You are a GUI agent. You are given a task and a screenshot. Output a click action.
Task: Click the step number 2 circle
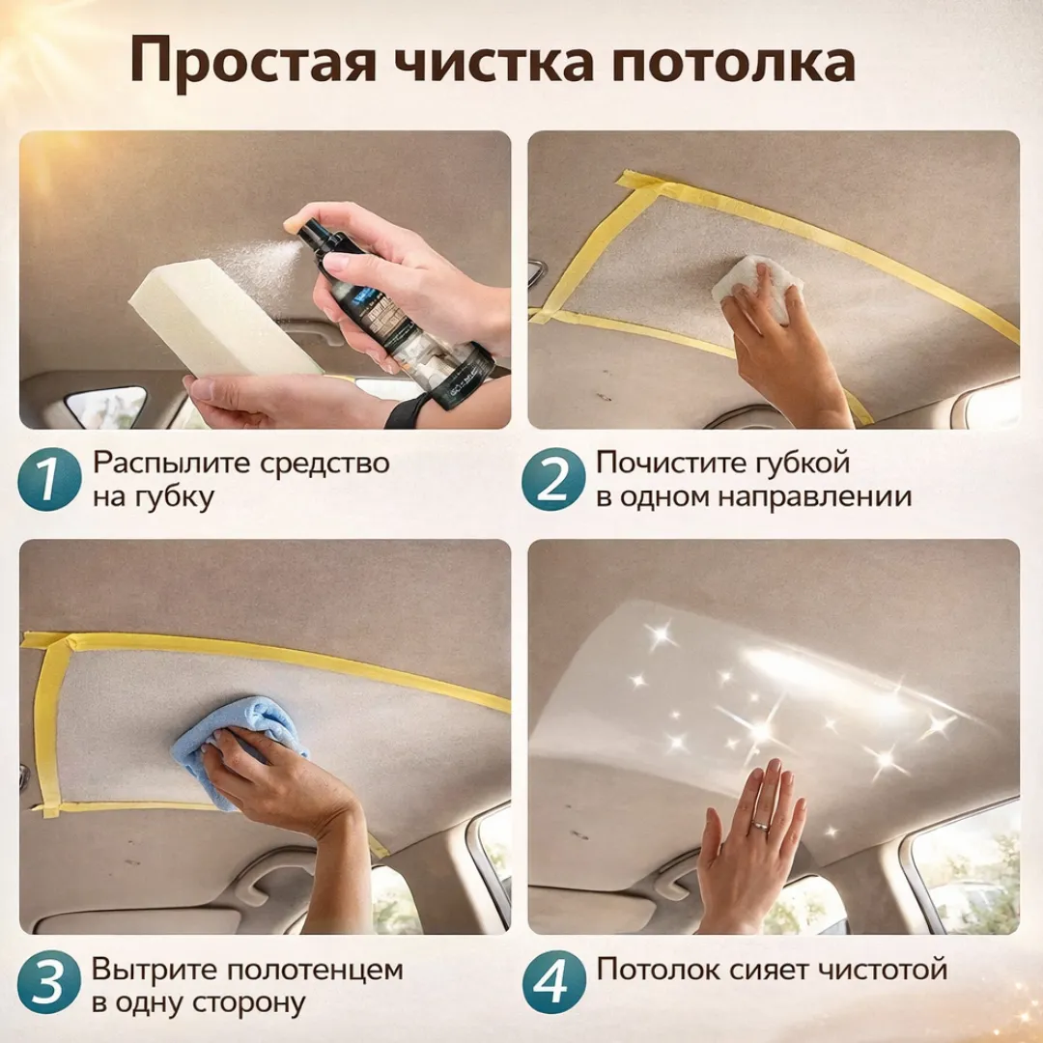pyautogui.click(x=553, y=479)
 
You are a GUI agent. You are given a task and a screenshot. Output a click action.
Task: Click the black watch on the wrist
pyautogui.click(x=401, y=410)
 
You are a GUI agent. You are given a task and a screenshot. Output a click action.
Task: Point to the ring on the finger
pyautogui.click(x=761, y=826)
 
